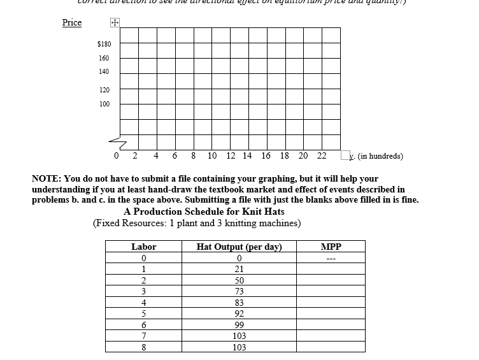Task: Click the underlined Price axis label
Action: tap(72, 23)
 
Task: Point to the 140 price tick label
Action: tap(104, 72)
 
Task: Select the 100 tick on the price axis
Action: tap(104, 104)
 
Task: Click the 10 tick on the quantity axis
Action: tap(211, 156)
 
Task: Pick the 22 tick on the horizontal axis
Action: tap(322, 156)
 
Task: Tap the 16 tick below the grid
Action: tap(266, 156)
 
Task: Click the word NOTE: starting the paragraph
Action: tap(46, 180)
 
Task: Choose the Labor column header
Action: tap(143, 247)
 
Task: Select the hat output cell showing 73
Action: tap(239, 291)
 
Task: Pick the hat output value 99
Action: tap(239, 325)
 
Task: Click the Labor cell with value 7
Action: tap(144, 336)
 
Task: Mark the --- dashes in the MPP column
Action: tap(331, 258)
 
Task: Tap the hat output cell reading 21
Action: tap(239, 269)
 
